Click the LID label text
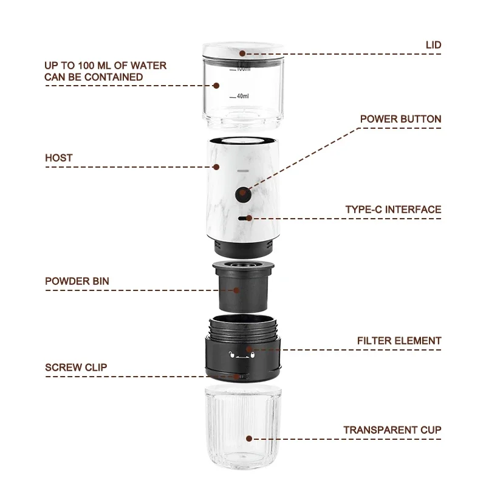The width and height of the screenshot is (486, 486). [x=433, y=45]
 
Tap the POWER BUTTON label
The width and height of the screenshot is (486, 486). [x=400, y=119]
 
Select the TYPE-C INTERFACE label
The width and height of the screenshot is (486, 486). [x=393, y=210]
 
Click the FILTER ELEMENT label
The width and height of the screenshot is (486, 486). [x=399, y=341]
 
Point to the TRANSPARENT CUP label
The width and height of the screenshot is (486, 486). [x=392, y=430]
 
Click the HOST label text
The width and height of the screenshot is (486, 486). [x=58, y=158]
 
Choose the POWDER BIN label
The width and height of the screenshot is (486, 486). [x=77, y=281]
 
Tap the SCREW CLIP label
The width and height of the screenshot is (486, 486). [x=76, y=368]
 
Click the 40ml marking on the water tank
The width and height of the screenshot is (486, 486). [x=242, y=96]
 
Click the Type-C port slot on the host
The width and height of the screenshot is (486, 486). [x=244, y=218]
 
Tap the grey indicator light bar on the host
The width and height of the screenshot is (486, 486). [x=243, y=171]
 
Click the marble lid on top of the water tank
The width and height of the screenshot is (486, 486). [x=243, y=50]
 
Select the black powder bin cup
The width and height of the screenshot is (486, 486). [x=243, y=287]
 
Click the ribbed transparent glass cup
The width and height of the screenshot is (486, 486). [x=243, y=427]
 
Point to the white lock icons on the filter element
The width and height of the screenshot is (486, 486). [x=242, y=355]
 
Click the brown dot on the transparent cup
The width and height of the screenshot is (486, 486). [x=249, y=439]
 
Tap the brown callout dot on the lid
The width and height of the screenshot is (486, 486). [x=242, y=53]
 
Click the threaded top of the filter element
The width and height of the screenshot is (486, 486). [x=243, y=327]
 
